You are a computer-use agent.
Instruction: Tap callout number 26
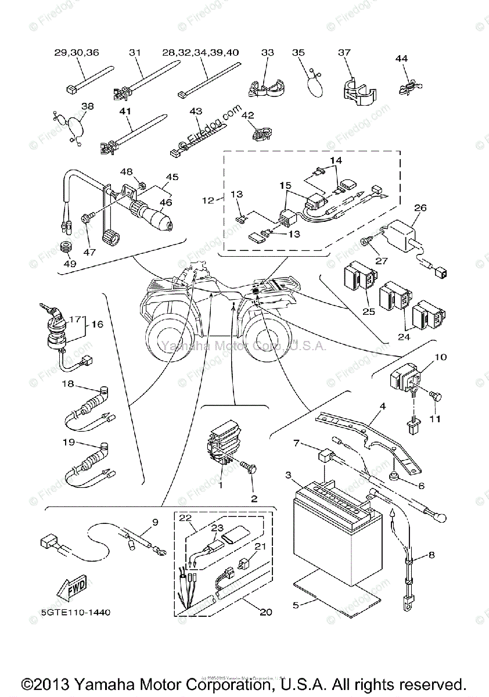420,208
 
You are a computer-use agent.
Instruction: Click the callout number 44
402,58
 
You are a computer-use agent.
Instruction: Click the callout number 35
299,52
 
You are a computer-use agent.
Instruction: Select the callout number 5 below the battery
296,605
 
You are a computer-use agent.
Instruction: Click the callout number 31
135,52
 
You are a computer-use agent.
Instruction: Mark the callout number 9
155,522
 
